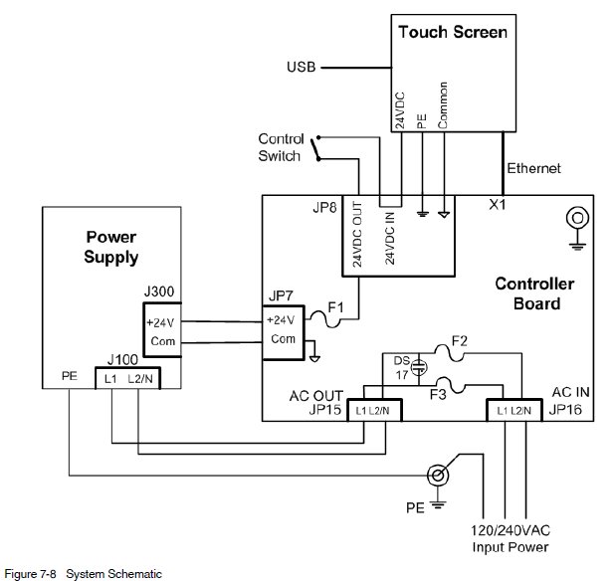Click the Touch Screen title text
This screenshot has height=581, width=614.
pos(453,32)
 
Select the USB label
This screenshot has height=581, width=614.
pos(302,68)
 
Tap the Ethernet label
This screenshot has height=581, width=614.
pos(534,168)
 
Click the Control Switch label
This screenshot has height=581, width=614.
pos(281,147)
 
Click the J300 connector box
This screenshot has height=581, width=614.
pos(160,331)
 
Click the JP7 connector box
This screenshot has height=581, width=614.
pos(283,331)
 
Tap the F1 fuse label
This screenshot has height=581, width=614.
pos(335,306)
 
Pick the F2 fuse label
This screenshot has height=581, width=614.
pos(459,341)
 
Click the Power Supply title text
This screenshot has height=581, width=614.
pos(111,248)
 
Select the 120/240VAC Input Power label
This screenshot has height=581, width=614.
pos(509,539)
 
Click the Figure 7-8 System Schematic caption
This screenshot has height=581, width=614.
pos(84,574)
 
